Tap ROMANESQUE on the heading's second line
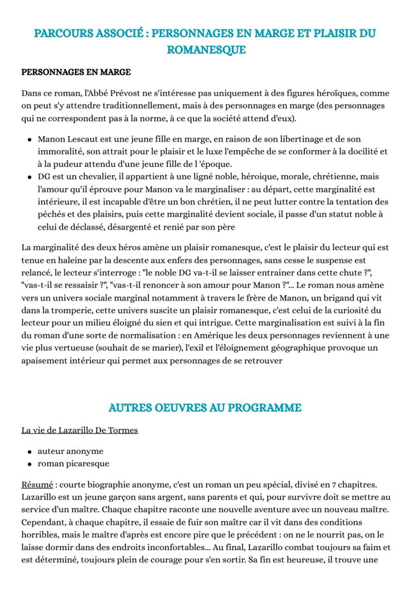tap(206, 50)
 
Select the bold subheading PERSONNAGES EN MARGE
tap(76, 72)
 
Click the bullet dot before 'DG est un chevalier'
tap(30, 177)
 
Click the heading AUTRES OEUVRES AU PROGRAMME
tap(205, 408)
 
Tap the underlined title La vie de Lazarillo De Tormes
tap(80, 430)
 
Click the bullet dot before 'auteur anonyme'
tap(30, 451)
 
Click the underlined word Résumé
tap(37, 484)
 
